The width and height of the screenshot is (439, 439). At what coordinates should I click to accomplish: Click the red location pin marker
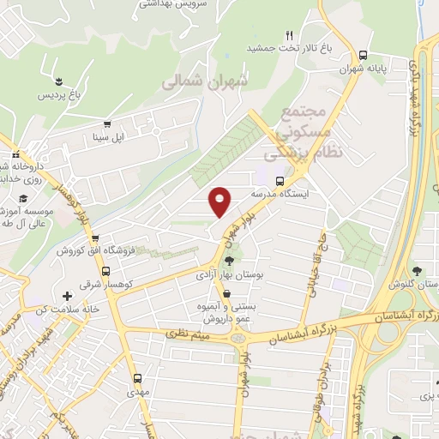point(221,201)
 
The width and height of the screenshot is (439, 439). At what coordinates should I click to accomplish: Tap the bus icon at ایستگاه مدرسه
point(280,181)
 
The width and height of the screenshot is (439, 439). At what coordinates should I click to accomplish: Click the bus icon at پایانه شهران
point(364,54)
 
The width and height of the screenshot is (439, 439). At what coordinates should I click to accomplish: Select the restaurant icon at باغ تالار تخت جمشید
point(290,35)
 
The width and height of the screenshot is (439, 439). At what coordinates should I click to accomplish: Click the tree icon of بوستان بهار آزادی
point(229,260)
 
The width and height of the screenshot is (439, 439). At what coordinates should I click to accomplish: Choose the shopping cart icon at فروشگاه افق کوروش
point(95,239)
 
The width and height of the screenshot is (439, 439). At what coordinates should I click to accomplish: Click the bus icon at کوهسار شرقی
point(84,268)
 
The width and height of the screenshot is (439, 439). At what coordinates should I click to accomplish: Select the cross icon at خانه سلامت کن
point(67,296)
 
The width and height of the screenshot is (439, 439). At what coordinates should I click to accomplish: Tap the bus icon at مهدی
point(137,376)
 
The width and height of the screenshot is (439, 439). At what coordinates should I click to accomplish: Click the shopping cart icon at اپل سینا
point(107,124)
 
